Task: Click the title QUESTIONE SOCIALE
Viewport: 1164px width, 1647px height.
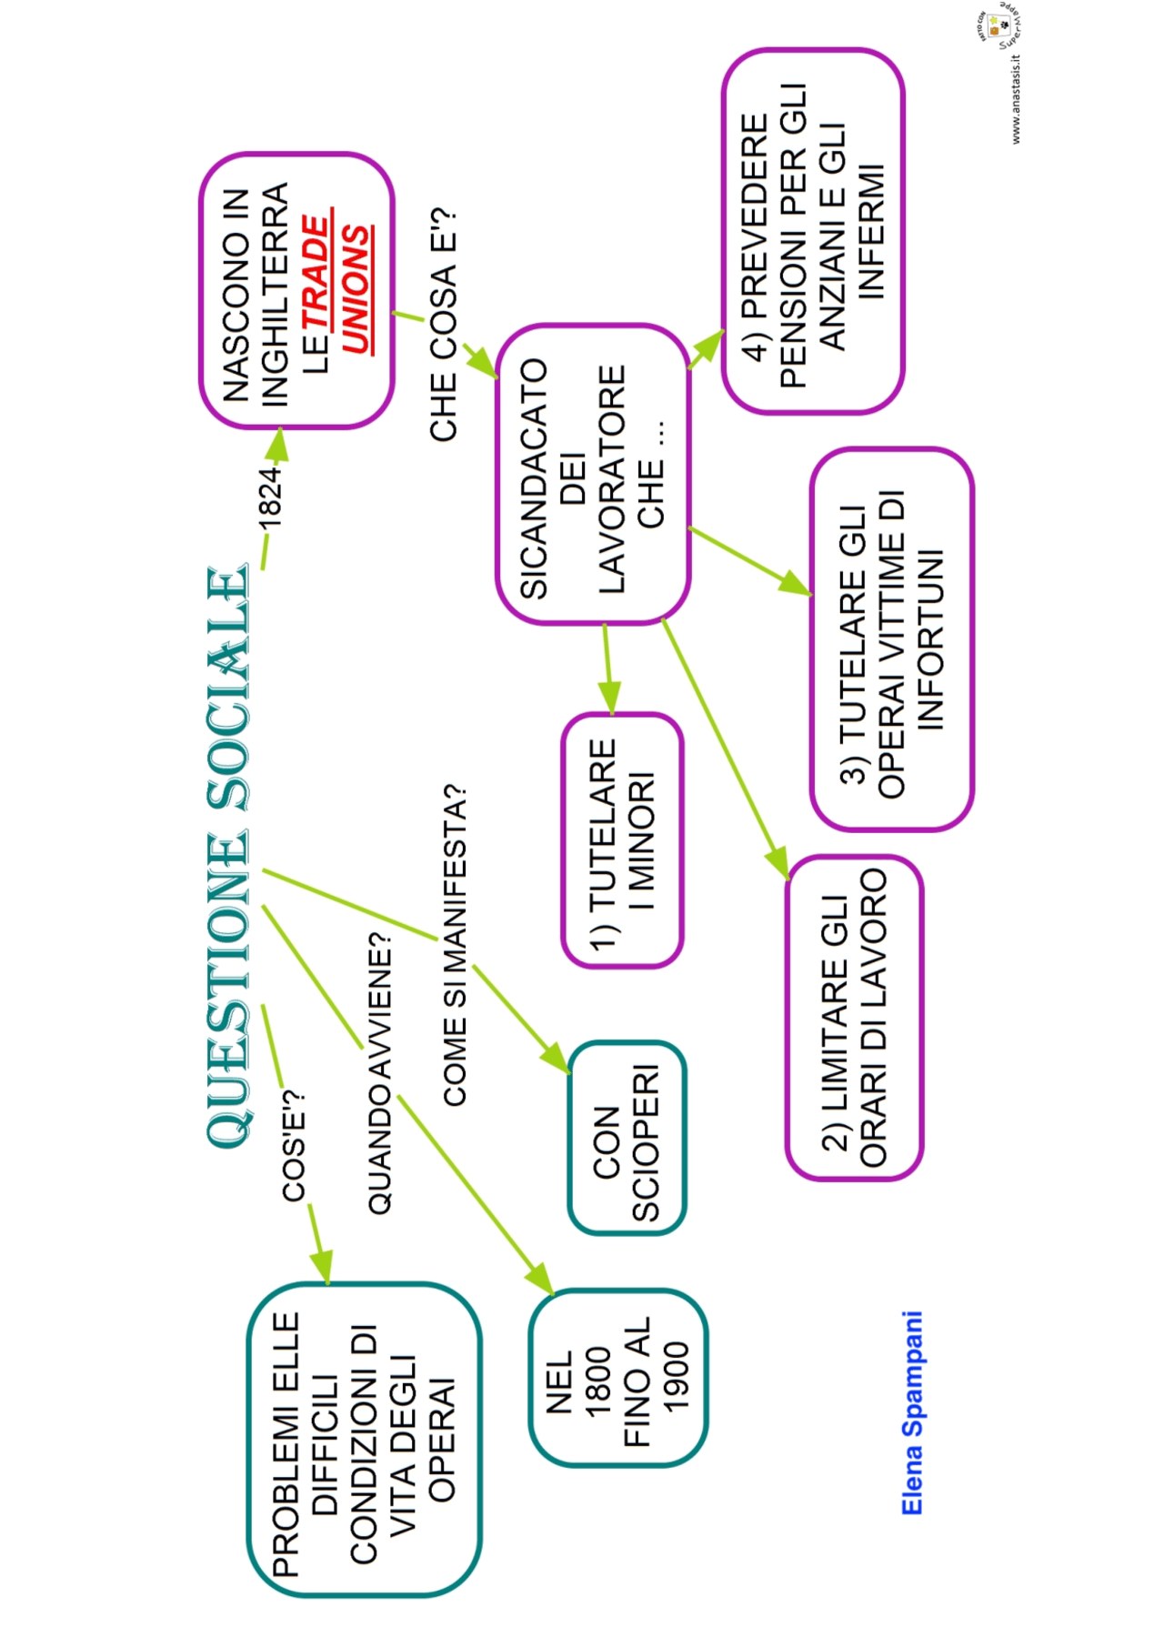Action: [227, 855]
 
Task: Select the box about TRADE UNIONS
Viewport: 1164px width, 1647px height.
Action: [296, 290]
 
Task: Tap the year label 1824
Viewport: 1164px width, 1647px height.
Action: [270, 497]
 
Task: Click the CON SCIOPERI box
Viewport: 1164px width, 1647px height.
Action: [627, 1138]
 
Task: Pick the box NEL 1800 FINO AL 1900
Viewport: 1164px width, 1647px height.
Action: [618, 1377]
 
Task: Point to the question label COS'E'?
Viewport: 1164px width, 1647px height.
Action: [294, 1146]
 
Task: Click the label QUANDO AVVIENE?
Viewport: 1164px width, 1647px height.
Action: [380, 1073]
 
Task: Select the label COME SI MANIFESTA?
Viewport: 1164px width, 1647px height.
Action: [455, 946]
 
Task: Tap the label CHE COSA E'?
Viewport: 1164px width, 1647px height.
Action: [444, 326]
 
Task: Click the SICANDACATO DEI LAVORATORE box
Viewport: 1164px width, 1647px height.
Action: [593, 475]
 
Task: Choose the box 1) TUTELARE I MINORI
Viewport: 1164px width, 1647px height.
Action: [622, 840]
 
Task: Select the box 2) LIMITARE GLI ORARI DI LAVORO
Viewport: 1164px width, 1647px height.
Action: [854, 1018]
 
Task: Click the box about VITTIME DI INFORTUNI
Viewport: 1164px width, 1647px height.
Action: [891, 639]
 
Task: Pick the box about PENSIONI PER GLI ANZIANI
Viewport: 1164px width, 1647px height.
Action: [813, 232]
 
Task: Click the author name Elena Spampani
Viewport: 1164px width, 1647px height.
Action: [912, 1412]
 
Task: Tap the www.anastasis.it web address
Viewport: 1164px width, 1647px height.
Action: [1016, 100]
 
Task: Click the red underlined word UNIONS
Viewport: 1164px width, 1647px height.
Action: [356, 290]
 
